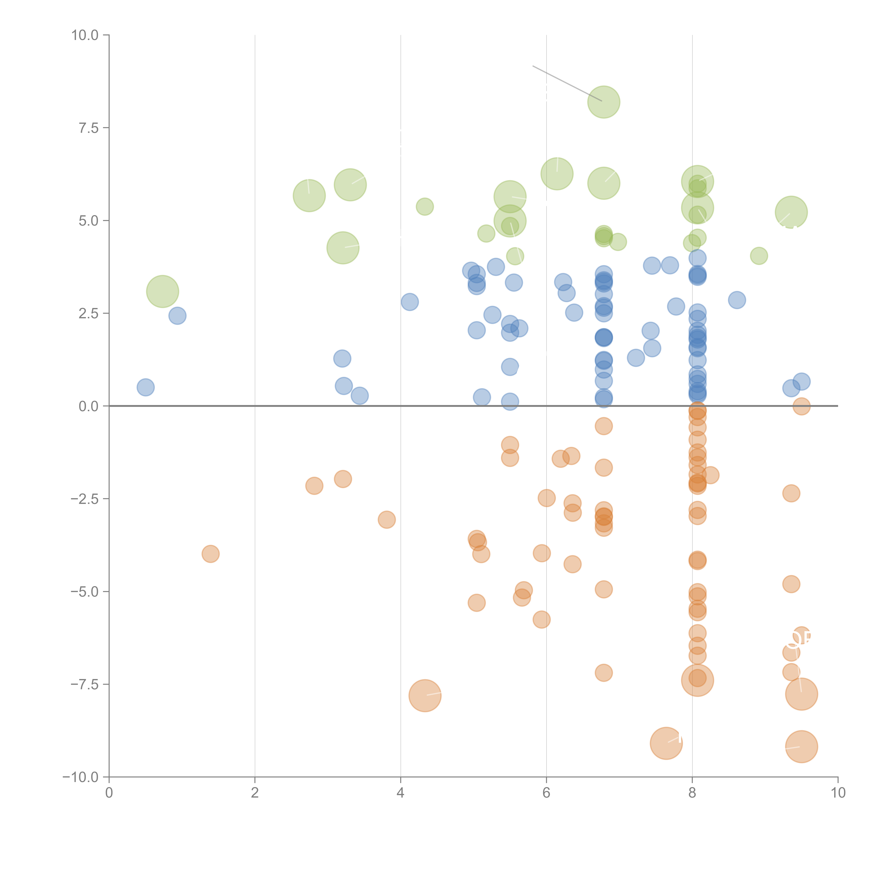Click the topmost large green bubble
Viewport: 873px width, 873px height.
pos(604,102)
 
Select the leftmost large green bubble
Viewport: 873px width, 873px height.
pos(163,291)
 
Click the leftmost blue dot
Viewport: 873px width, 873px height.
pos(145,387)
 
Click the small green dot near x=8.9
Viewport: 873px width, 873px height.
pos(759,256)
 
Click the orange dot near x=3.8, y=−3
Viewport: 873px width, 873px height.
pos(387,520)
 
